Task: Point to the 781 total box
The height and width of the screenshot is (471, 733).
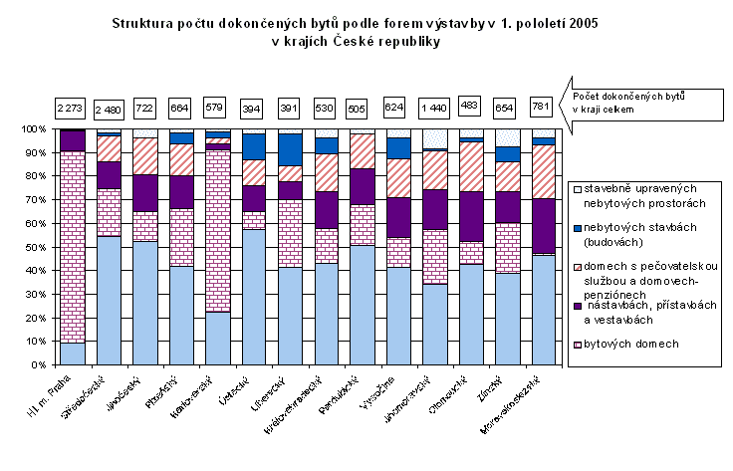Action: pyautogui.click(x=544, y=106)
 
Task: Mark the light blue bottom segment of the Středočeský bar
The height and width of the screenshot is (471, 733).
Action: pyautogui.click(x=109, y=300)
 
